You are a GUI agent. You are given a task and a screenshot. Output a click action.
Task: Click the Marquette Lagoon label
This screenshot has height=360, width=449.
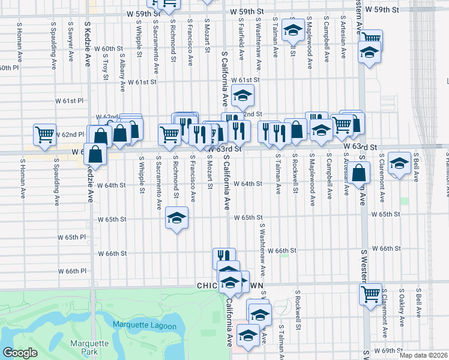pos(145,326)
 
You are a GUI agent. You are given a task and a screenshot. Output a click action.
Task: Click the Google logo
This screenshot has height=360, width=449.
pos(20,353)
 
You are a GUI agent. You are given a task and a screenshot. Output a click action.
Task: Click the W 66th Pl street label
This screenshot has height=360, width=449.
pos(80,271)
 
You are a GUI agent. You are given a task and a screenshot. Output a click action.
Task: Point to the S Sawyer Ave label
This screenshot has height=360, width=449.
pos(71,42)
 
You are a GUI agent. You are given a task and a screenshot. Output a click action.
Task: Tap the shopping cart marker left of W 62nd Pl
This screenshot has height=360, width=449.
pos(45,135)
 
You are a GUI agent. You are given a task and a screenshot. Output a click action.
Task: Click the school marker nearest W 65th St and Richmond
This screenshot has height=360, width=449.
pos(177,218)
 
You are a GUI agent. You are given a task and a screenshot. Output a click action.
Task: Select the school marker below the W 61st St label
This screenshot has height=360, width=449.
pos(243,95)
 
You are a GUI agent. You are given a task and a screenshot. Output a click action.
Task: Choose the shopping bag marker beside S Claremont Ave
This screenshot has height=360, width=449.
pos(359,173)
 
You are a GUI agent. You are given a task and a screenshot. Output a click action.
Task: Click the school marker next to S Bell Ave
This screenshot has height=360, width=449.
pos(399,163)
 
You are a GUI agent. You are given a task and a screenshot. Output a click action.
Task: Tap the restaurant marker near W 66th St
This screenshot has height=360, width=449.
pos(224,258)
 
